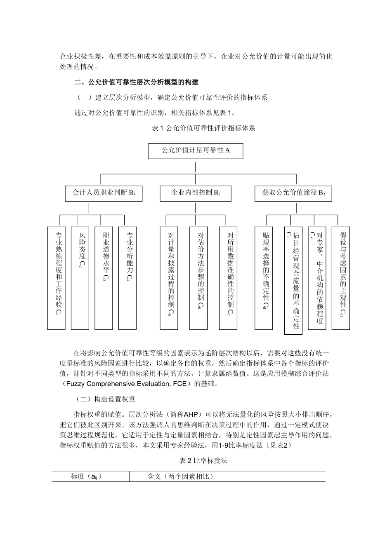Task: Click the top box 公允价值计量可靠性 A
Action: [195, 151]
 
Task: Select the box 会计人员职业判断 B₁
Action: [104, 193]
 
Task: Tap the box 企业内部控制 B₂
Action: [196, 193]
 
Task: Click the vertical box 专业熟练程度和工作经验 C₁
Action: [57, 278]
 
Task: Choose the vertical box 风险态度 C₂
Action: [80, 278]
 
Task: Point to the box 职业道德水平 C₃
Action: [104, 278]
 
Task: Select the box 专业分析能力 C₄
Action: [127, 278]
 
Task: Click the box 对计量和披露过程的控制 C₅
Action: [169, 278]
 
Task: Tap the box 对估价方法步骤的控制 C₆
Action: [198, 278]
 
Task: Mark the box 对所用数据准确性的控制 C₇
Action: [228, 278]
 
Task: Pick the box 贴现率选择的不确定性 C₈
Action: [264, 278]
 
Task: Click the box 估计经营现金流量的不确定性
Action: [293, 280]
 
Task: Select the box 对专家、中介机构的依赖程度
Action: [317, 278]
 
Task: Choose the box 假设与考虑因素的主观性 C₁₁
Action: [341, 278]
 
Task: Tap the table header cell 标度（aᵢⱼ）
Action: [87, 477]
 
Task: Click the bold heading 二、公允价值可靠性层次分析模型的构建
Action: [136, 82]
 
